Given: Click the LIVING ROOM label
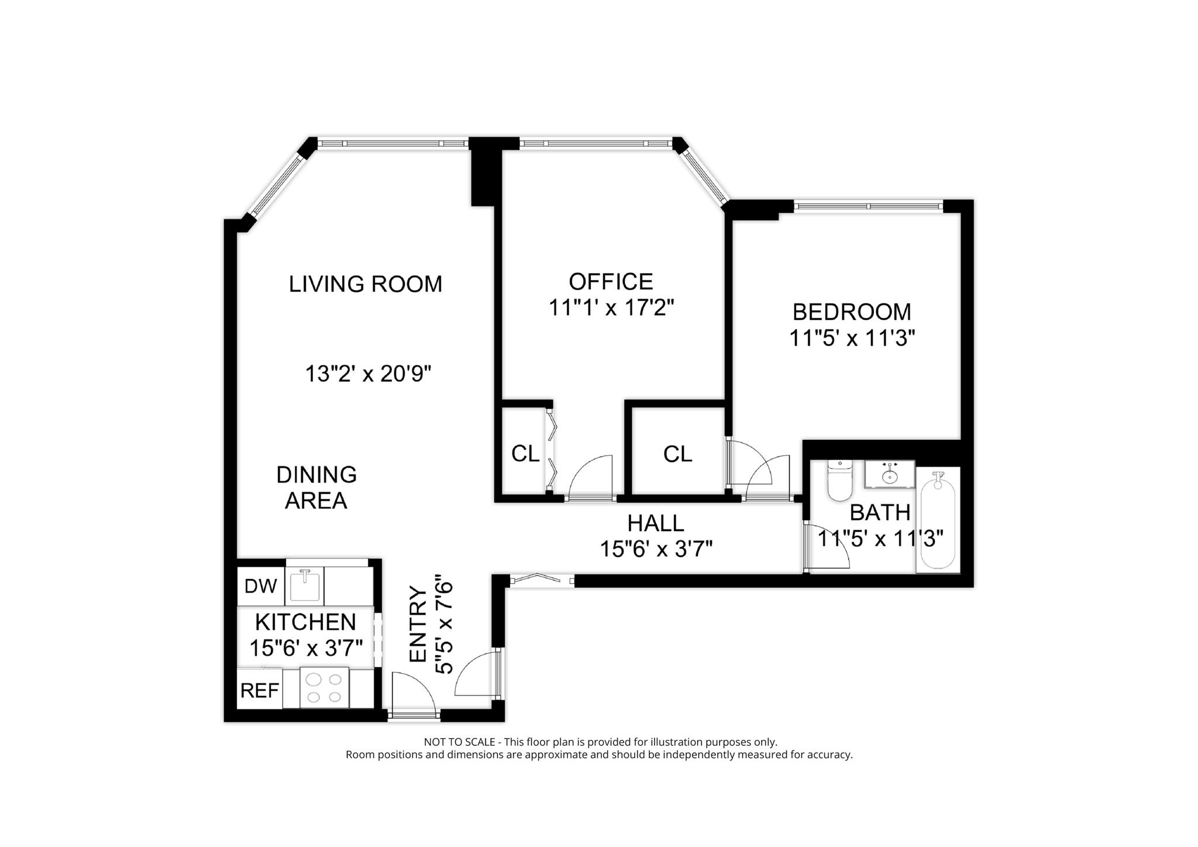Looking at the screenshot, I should pos(366,284).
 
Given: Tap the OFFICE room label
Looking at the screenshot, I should pos(611,282).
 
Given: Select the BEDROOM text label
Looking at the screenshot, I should pos(852,312).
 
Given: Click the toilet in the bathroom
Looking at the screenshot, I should pos(840,481).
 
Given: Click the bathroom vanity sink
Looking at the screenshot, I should pos(890,474).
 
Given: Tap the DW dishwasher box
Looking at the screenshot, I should pos(260,586).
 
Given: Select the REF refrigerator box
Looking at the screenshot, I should pos(260,691).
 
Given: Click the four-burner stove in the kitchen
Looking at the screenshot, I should pos(324,688).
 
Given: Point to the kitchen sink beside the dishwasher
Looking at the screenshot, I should pos(304,586).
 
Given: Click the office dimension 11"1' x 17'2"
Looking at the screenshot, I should pos(611,308).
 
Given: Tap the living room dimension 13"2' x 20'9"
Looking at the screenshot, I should pos(368,374).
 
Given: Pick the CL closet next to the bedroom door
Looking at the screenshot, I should pos(677,454).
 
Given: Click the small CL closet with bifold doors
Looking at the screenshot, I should pos(525,454).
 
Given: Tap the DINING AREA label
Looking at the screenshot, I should pos(316,487).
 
